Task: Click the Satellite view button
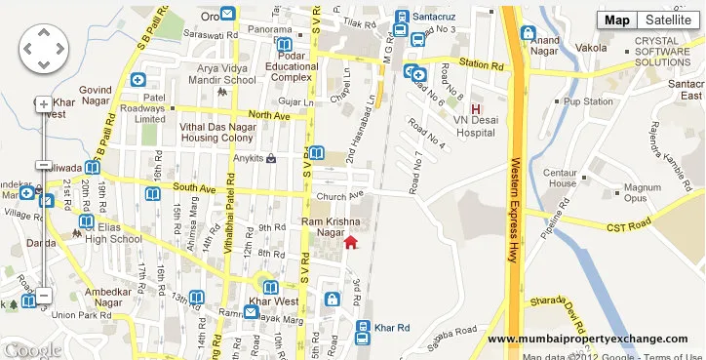667,20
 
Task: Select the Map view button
617,20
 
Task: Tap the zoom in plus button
44,103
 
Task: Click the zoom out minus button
44,295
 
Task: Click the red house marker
352,242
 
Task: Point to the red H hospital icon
476,109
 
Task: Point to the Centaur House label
563,178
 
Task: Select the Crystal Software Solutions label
669,52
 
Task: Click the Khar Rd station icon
364,329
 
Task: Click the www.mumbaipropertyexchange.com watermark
587,339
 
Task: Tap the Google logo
32,349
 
